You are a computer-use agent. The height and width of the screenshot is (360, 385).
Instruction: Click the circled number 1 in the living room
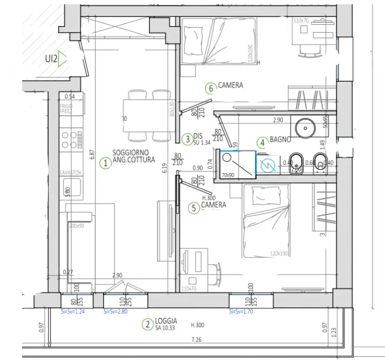click(x=106, y=162)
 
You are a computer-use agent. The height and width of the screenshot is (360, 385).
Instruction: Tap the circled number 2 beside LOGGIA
click(x=146, y=324)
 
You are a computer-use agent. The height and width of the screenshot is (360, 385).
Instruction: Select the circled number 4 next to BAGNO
click(x=262, y=142)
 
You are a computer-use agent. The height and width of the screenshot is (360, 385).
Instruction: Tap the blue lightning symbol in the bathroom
click(x=264, y=167)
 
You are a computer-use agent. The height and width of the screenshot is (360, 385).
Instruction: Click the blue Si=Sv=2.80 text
click(x=116, y=311)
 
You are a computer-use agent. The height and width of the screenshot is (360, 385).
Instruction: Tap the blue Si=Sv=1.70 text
click(x=242, y=311)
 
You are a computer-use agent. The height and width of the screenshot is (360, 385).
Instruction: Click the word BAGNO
click(x=280, y=140)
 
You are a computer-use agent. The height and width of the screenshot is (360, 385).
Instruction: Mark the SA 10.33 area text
click(x=166, y=328)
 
